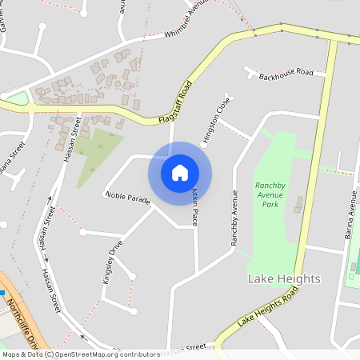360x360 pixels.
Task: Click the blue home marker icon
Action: click(x=180, y=173)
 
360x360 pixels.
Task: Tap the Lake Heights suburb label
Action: click(x=284, y=278)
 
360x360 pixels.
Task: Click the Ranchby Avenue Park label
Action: click(x=270, y=194)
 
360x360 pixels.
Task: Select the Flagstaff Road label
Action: click(x=176, y=101)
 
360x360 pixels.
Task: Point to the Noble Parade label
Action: click(x=127, y=197)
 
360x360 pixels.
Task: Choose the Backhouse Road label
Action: click(x=286, y=74)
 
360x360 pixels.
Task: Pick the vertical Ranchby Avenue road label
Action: click(x=234, y=218)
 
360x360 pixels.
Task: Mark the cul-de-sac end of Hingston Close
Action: click(x=227, y=93)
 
